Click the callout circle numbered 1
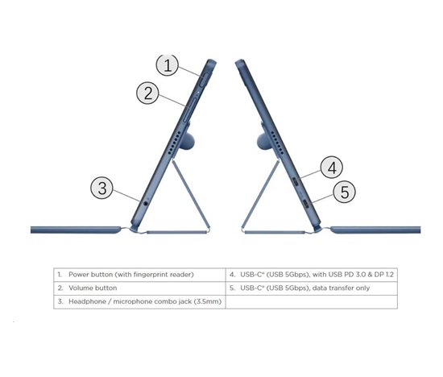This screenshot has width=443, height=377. tap(168, 65)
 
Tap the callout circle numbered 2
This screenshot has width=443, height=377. tap(147, 93)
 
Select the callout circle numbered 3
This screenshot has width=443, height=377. tap(102, 188)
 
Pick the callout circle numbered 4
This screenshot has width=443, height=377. tap(332, 168)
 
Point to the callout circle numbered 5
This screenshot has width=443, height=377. tap(345, 192)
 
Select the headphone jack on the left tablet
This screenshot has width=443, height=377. tap(146, 203)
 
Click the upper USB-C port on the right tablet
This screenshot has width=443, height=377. tap(296, 181)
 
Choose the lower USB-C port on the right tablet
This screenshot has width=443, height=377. tap(306, 203)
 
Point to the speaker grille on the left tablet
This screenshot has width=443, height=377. tap(174, 143)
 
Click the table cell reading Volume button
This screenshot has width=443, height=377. tap(140, 288)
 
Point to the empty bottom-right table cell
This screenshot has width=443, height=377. tap(312, 302)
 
